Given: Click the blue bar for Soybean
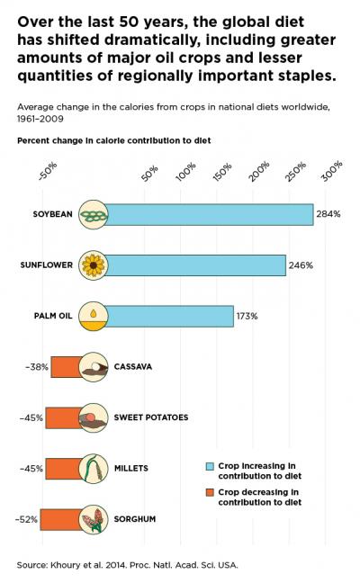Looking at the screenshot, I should (209, 214).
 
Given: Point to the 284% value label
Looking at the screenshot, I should (328, 214).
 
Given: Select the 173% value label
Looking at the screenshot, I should (247, 316).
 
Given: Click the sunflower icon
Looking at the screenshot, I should (93, 265).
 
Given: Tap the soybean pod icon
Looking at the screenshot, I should (93, 214).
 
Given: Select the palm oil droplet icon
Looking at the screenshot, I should (93, 316).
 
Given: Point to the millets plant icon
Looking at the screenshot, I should (93, 469).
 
